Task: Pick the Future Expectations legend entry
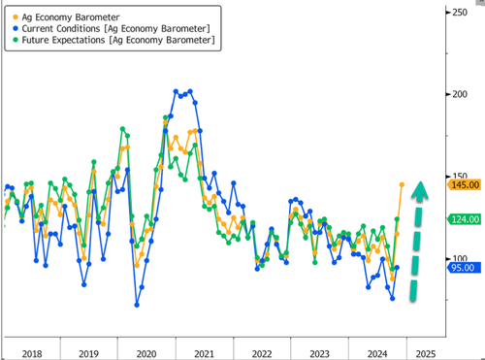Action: point(118,42)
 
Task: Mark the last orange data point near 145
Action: point(402,183)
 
